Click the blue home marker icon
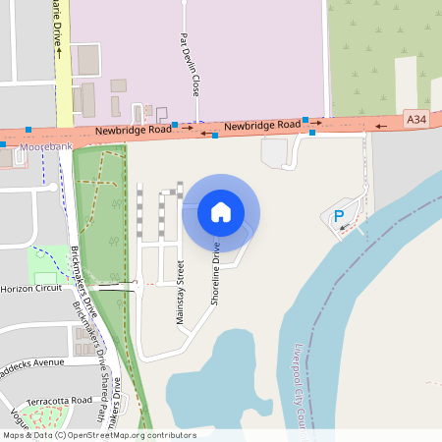[x=221, y=211]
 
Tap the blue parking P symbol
[x=339, y=216]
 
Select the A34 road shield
[x=416, y=119]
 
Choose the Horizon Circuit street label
[x=31, y=290]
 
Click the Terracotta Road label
[x=59, y=401]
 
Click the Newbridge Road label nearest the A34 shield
[x=260, y=126]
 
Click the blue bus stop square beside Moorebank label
[x=4, y=144]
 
